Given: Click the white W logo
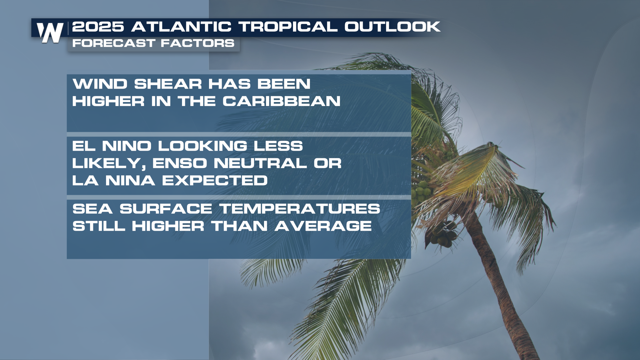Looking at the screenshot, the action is [50, 33].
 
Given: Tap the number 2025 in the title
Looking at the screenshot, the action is [98, 27].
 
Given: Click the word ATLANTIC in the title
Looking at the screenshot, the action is [181, 27].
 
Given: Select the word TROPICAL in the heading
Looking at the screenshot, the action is [288, 27].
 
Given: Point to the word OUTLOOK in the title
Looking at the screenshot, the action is [392, 27].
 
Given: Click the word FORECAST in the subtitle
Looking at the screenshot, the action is [114, 43].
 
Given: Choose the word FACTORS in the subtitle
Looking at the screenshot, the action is [198, 43].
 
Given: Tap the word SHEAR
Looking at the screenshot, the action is [168, 84].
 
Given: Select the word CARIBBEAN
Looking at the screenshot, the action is [281, 101].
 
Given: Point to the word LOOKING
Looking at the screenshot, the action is [203, 146].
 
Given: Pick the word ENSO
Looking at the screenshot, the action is [180, 163].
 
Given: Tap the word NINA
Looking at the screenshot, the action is [130, 180].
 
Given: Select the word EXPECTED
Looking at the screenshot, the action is [215, 180].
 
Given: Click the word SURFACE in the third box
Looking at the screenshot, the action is [166, 209].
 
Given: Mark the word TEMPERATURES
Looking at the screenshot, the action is [300, 209].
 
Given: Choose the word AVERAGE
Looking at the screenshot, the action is [323, 226].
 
